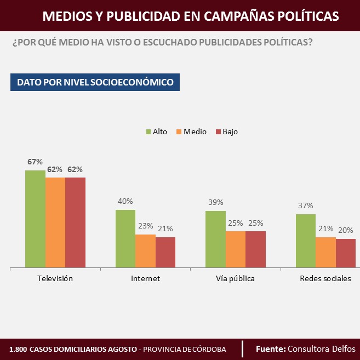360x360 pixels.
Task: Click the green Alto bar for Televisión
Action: tap(35, 219)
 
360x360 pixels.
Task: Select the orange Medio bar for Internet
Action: tap(145, 251)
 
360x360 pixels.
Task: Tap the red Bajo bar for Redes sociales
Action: tap(345, 253)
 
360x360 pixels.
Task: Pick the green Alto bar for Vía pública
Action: tap(215, 239)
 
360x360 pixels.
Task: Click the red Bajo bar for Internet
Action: tap(165, 252)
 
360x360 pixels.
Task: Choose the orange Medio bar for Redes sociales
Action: tap(325, 252)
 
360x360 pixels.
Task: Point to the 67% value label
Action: tap(35, 162)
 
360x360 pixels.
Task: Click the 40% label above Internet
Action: tap(125, 201)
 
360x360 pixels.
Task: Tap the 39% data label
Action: tap(215, 202)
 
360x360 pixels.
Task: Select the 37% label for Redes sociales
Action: tap(306, 205)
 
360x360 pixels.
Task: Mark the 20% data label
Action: tap(345, 230)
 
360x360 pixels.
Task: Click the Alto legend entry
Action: tap(156, 132)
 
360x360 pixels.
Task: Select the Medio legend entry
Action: tap(191, 132)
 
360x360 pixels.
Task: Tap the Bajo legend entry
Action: tap(226, 132)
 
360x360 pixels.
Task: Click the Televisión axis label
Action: tap(55, 278)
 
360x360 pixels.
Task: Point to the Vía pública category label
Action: tap(235, 278)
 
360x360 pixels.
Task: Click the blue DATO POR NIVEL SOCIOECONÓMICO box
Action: tap(95, 82)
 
